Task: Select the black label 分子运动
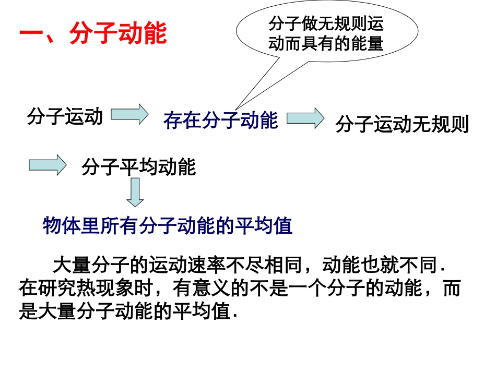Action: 65,116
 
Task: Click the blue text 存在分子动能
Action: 220,121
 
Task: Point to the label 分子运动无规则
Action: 401,125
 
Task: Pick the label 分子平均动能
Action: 139,167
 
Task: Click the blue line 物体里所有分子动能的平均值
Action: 168,226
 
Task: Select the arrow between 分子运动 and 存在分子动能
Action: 130,115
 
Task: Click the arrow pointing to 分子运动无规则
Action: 305,118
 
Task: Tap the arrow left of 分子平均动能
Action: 47,165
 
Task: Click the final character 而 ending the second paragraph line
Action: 452,289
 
